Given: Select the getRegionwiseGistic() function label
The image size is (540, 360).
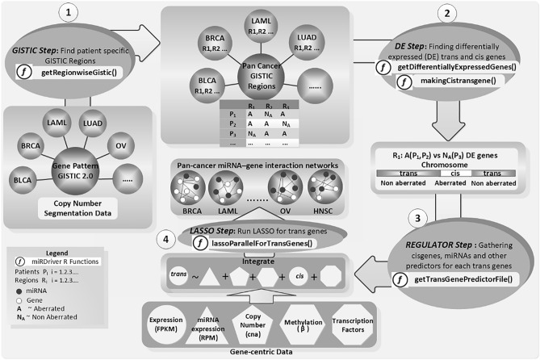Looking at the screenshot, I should (85, 72).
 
